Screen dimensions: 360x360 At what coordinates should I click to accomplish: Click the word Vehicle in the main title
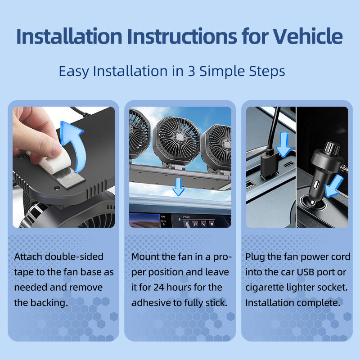pyautogui.click(x=308, y=36)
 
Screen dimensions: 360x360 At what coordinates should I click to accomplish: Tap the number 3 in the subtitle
pyautogui.click(x=192, y=71)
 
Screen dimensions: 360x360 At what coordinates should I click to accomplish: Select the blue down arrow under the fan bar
pyautogui.click(x=179, y=187)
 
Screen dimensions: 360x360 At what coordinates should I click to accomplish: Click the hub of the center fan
pyautogui.click(x=180, y=137)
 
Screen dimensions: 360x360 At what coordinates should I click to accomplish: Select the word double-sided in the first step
pyautogui.click(x=74, y=256)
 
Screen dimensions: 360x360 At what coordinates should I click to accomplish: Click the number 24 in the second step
pyautogui.click(x=159, y=287)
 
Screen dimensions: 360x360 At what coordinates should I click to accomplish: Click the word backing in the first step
pyautogui.click(x=49, y=303)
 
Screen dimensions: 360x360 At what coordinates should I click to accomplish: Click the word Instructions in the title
pyautogui.click(x=182, y=36)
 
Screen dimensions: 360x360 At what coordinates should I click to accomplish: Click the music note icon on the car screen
pyautogui.click(x=195, y=224)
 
